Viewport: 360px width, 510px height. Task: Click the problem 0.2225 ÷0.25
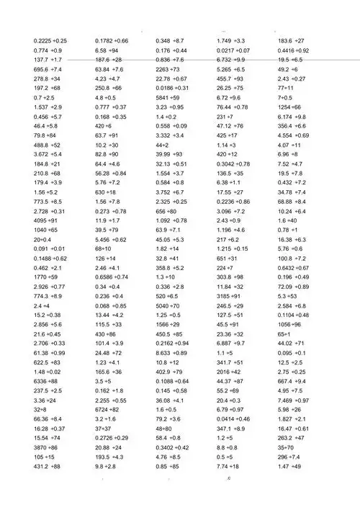click(x=50, y=41)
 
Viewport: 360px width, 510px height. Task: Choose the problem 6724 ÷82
click(x=110, y=408)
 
